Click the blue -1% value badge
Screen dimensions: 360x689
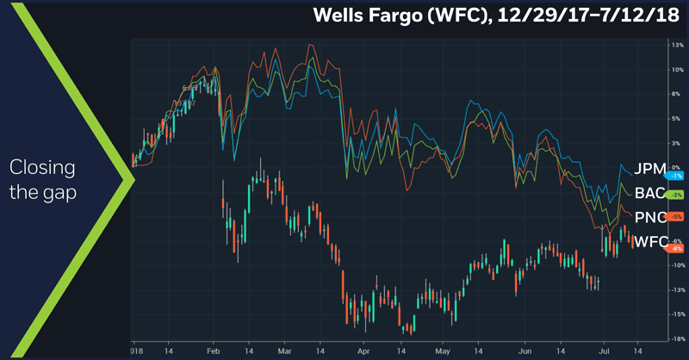(x=666, y=176)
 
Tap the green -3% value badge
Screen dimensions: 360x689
(x=666, y=196)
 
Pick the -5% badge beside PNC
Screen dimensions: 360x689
(x=666, y=216)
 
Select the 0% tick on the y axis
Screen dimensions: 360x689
(x=676, y=166)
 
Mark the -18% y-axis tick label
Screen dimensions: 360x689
(x=676, y=338)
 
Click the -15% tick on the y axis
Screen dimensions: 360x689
(x=676, y=314)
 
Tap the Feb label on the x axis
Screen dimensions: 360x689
(x=214, y=351)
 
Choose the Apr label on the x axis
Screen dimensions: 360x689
(x=363, y=351)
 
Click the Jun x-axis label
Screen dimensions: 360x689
(x=516, y=351)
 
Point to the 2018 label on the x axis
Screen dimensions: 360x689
(x=135, y=351)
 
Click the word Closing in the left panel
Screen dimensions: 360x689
(x=43, y=166)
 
